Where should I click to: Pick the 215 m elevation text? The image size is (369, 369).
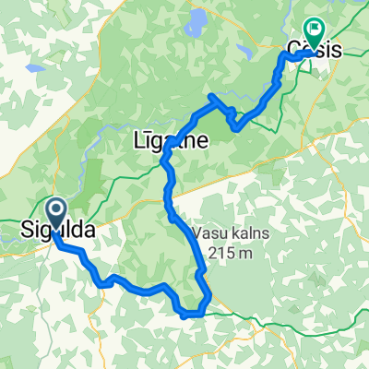click(x=232, y=250)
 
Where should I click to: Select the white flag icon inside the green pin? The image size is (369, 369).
click(x=314, y=31)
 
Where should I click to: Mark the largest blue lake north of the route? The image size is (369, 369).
click(x=197, y=20)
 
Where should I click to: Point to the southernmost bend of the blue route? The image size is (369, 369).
click(x=188, y=315)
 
